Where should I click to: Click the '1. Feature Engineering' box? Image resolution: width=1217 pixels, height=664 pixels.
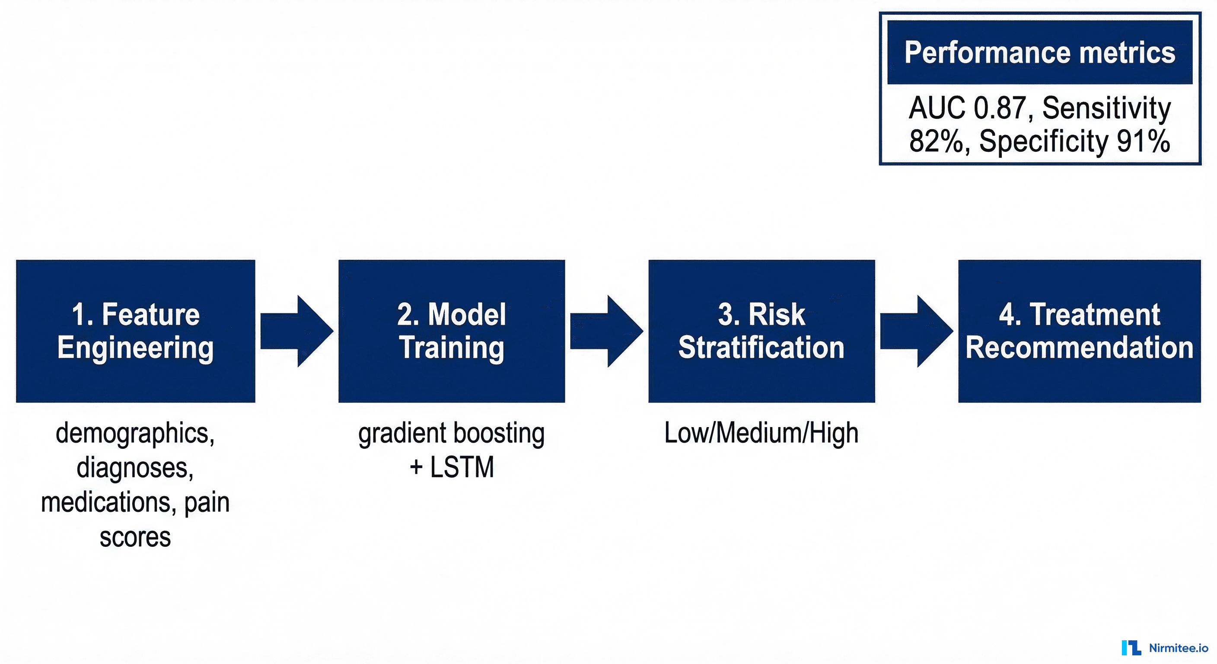[136, 331]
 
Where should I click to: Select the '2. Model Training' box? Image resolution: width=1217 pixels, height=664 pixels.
[451, 331]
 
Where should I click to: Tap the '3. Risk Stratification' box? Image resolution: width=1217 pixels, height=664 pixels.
[761, 331]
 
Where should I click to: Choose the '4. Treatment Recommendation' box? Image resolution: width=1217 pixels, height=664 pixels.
[1079, 331]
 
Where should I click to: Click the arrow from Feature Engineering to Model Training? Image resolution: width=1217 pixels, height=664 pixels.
[297, 331]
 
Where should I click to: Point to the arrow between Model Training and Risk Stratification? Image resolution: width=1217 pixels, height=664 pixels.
[606, 331]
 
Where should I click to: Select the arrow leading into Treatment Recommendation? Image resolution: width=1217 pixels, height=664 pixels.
[916, 331]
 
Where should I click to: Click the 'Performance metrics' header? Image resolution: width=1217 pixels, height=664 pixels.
[1039, 52]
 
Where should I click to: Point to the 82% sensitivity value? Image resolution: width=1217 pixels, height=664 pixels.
[939, 141]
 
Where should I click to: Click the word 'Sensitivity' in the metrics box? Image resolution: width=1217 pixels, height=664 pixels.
[1106, 108]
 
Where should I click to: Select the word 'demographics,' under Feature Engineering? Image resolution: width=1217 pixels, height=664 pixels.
[135, 433]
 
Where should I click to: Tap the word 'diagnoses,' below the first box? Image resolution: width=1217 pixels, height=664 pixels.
[135, 467]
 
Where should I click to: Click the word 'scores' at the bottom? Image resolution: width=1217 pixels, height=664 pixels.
[135, 537]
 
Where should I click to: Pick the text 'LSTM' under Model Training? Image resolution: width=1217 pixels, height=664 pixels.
[462, 467]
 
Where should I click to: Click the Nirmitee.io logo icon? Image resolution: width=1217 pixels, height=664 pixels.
[1131, 648]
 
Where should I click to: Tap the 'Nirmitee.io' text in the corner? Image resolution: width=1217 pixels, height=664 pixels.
[1178, 648]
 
